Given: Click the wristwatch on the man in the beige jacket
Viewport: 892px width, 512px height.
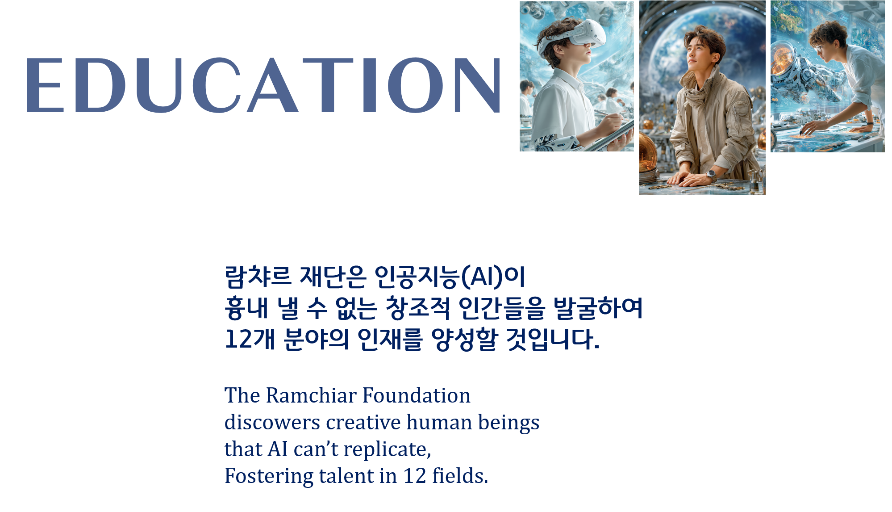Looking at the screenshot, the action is tap(710, 174).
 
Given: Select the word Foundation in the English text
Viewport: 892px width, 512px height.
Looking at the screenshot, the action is tap(416, 395).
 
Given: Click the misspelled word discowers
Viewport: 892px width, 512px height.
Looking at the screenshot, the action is tap(272, 422).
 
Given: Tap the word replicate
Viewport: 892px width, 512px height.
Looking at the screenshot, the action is tap(387, 450).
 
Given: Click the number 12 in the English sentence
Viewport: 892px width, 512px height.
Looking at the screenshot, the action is tap(415, 476).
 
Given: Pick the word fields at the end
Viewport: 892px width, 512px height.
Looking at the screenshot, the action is tap(460, 476).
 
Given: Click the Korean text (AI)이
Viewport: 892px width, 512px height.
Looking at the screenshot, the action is tap(493, 277).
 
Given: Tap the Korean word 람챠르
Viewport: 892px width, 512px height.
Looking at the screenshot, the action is tap(258, 277).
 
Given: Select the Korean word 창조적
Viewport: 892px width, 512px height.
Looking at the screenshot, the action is tap(418, 308).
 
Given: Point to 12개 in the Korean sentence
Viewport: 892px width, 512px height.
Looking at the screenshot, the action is tap(250, 339).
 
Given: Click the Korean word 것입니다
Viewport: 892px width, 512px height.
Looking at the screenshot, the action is tap(553, 339).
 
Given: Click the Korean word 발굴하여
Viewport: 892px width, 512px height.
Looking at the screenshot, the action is tap(598, 308).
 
